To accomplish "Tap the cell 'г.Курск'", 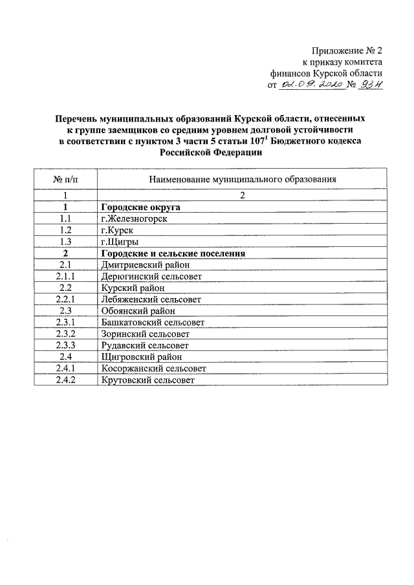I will click(120, 231).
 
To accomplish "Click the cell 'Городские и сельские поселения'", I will click(173, 253).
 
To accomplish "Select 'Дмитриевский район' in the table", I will click(143, 265).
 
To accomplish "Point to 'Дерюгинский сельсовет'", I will click(151, 277).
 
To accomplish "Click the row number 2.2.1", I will click(65, 299).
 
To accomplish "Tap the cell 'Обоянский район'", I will click(135, 311).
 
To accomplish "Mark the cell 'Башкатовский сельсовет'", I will click(153, 322).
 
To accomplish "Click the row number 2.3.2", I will click(65, 334).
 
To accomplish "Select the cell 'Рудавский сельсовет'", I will click(145, 345).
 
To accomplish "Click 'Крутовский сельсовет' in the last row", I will click(147, 380).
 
